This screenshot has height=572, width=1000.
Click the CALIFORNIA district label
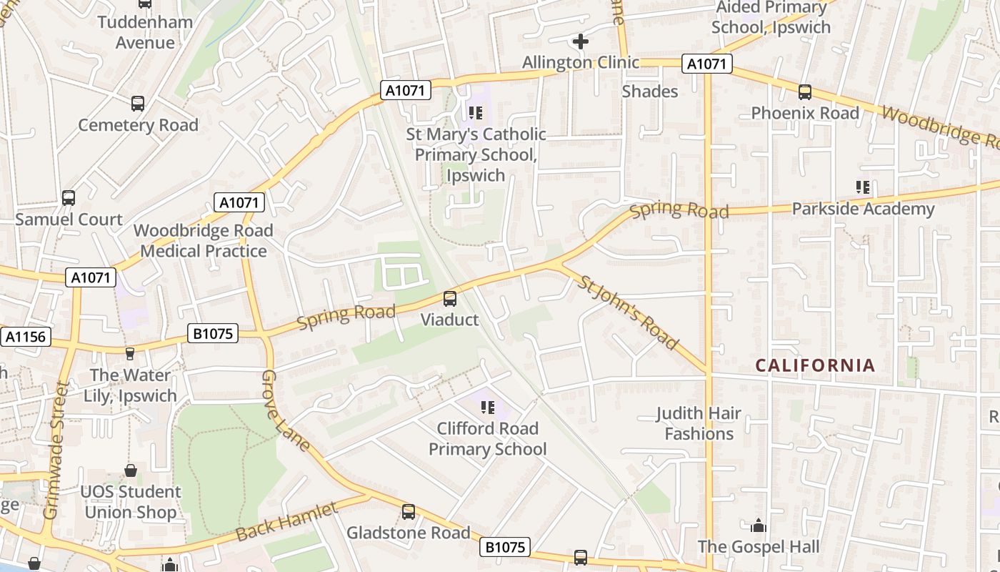pyautogui.click(x=815, y=365)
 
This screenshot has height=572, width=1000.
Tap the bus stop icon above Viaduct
pyautogui.click(x=450, y=299)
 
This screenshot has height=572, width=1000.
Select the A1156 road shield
pyautogui.click(x=26, y=337)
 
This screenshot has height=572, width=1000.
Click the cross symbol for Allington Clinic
pyautogui.click(x=581, y=41)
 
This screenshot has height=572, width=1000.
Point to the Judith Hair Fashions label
pyautogui.click(x=699, y=423)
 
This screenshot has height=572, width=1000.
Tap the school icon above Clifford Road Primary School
pyautogui.click(x=488, y=408)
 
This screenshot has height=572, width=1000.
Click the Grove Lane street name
pyautogui.click(x=285, y=411)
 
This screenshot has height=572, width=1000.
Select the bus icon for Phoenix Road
pyautogui.click(x=805, y=92)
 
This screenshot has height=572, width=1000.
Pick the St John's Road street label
pyautogui.click(x=628, y=312)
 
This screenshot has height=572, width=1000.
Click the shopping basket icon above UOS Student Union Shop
pyautogui.click(x=131, y=470)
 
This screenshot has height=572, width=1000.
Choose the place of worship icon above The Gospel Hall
pyautogui.click(x=759, y=526)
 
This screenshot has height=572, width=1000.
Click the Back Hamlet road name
pyautogui.click(x=286, y=522)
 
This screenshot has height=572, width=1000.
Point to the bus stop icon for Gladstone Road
pyautogui.click(x=409, y=512)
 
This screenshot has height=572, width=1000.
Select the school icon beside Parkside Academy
pyautogui.click(x=863, y=187)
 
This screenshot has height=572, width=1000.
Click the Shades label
pyautogui.click(x=649, y=92)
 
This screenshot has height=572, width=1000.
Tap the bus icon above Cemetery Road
pyautogui.click(x=138, y=104)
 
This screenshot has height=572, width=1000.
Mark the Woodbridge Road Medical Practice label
pyautogui.click(x=204, y=241)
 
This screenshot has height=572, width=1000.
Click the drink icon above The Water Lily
pyautogui.click(x=130, y=354)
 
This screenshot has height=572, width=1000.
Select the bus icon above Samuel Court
pyautogui.click(x=69, y=198)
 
